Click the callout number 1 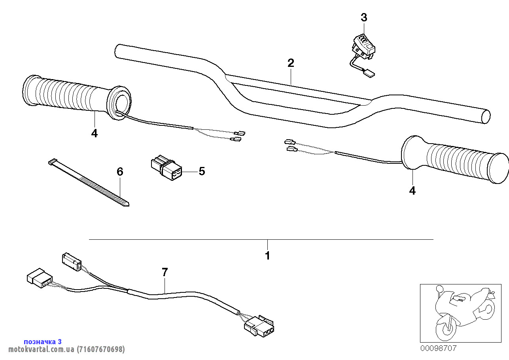coord(267,256)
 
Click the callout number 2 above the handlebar coord(291,63)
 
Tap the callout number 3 coord(364,17)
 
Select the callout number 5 coord(202,171)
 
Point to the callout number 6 coord(120,172)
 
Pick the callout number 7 coord(165,272)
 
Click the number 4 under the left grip coord(94,134)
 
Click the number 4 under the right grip coord(412,191)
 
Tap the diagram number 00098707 coord(438,349)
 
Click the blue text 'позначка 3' coord(43,341)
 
